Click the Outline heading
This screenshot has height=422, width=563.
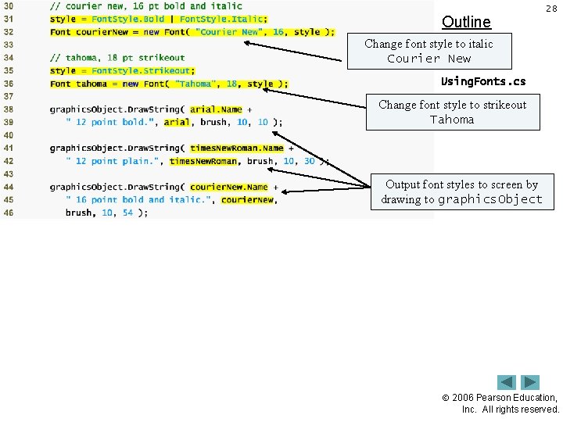(466, 22)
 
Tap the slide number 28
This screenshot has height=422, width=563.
(550, 8)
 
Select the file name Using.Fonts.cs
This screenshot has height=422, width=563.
(483, 81)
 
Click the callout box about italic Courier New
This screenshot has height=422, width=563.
(429, 51)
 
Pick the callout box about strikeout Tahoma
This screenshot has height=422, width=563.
(453, 112)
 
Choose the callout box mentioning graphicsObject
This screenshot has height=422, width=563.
(461, 191)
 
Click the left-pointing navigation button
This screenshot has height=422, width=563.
(507, 382)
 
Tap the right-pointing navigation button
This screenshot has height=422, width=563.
(530, 382)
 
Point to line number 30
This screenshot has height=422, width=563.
(8, 6)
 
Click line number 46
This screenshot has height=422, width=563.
(8, 213)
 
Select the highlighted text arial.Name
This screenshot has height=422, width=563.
(216, 109)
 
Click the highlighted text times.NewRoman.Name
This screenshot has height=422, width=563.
(237, 148)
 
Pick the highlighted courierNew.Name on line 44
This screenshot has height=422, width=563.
(229, 188)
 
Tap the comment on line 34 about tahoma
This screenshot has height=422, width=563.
(117, 58)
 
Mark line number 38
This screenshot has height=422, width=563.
(8, 109)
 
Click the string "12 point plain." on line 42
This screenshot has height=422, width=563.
(115, 161)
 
